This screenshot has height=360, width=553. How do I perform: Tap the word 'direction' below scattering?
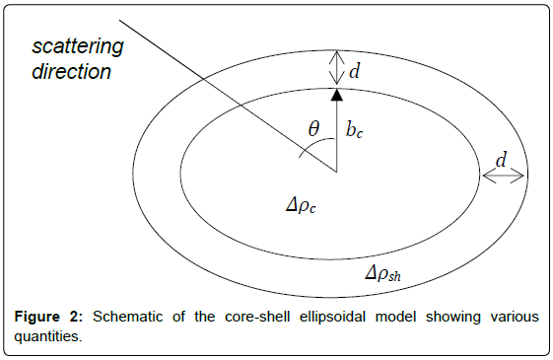pyautogui.click(x=70, y=72)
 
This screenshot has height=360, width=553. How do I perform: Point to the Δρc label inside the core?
pyautogui.click(x=301, y=207)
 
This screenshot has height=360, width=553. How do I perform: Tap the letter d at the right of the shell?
pyautogui.click(x=502, y=159)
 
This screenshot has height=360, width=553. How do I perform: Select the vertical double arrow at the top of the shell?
pyautogui.click(x=336, y=68)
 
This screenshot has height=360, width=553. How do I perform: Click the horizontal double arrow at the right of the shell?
pyautogui.click(x=502, y=175)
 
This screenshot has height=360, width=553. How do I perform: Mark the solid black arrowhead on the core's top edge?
pyautogui.click(x=336, y=95)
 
